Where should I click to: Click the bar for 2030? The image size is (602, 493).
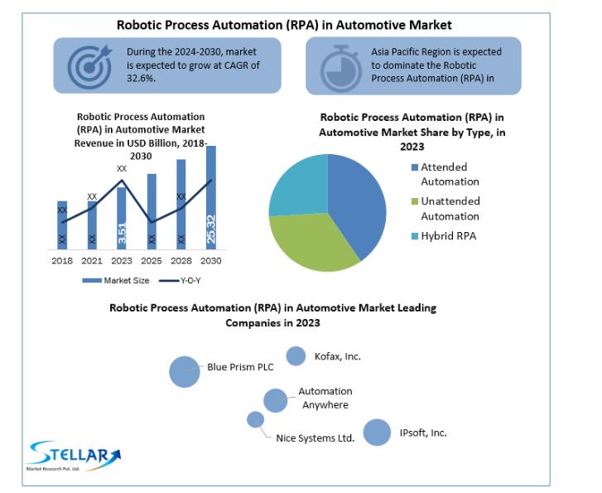coord(211,197)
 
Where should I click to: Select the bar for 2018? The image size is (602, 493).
coord(62,225)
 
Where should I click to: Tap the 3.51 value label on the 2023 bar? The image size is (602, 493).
coord(122,233)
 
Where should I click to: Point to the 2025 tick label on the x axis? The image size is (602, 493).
coord(152,261)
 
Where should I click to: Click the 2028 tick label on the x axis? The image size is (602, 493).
coord(181,261)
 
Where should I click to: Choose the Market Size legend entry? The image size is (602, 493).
coord(116,281)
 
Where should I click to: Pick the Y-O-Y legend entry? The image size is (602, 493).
coord(180,281)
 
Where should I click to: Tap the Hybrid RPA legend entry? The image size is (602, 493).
coord(444,236)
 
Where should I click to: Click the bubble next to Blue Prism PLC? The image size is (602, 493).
coord(185,371)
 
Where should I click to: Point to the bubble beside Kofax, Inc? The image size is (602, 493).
coord(296,355)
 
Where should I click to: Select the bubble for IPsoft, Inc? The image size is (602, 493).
coord(377,433)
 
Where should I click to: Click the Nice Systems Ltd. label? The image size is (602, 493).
coord(315,438)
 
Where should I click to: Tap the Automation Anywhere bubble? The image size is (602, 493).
coord(275,400)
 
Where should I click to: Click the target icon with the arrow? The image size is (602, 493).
coord(89,66)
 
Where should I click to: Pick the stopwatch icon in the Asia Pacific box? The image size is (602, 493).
coord(340,69)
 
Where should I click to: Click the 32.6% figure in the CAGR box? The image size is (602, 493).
coord(142,79)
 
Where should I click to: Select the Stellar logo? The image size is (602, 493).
coord(75,456)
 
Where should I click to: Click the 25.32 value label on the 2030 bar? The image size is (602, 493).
coord(211,229)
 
